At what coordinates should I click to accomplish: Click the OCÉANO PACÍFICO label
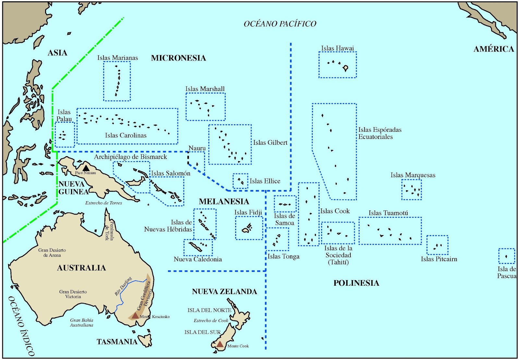click(280, 24)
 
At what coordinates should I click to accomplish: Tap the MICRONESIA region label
click(178, 58)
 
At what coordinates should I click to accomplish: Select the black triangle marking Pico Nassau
click(86, 168)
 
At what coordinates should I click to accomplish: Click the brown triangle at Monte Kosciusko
click(135, 315)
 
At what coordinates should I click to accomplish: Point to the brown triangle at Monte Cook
click(220, 344)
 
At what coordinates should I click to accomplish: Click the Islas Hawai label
click(337, 48)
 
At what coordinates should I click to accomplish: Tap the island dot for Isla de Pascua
click(506, 256)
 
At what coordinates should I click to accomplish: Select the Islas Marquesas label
click(413, 175)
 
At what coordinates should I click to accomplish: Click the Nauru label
click(197, 148)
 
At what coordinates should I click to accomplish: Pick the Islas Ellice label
click(265, 181)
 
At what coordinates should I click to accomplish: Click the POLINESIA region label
click(356, 283)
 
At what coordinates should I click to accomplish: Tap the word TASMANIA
click(117, 341)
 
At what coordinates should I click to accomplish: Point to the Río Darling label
click(123, 286)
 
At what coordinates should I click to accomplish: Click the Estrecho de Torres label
click(103, 203)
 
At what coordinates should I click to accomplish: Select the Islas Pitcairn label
click(439, 259)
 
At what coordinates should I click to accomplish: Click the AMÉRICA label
click(493, 49)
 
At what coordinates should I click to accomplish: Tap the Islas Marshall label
click(205, 89)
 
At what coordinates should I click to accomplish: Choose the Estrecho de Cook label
click(211, 320)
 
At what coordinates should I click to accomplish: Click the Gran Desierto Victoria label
click(73, 294)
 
